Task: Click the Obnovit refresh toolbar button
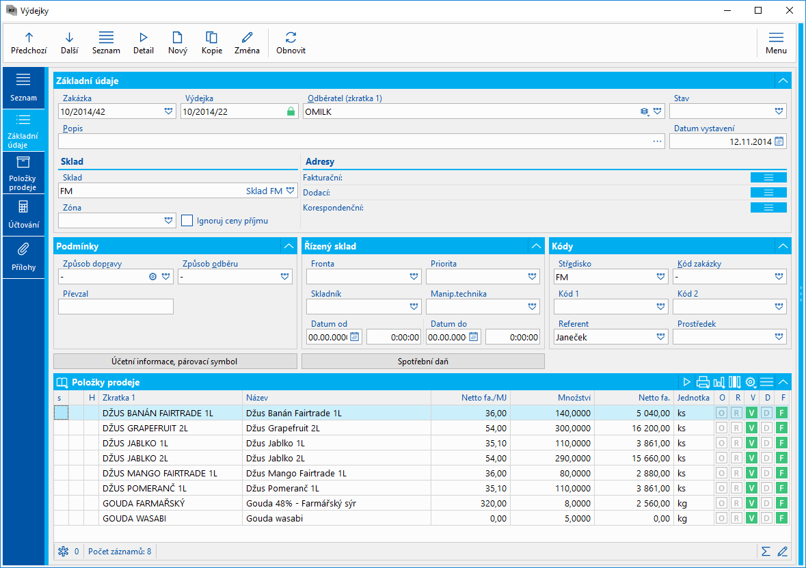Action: pyautogui.click(x=291, y=42)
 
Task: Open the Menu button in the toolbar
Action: pyautogui.click(x=776, y=42)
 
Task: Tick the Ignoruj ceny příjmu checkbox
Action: pyautogui.click(x=187, y=221)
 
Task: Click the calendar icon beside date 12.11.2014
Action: pyautogui.click(x=779, y=141)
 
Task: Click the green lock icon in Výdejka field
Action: pyautogui.click(x=291, y=111)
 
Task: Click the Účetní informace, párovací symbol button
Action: pyautogui.click(x=175, y=361)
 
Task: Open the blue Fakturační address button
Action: pyautogui.click(x=768, y=178)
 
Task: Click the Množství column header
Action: pyautogui.click(x=552, y=398)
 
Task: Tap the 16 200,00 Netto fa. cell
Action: pyautogui.click(x=634, y=428)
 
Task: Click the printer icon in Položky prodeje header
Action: pyautogui.click(x=703, y=382)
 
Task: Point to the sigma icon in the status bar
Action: pyautogui.click(x=766, y=551)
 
